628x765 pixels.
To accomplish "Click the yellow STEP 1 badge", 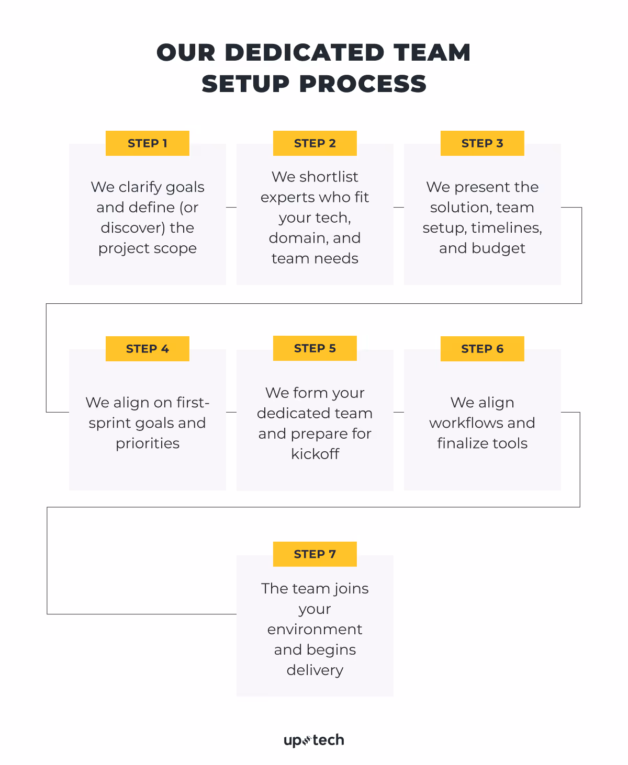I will [x=147, y=143].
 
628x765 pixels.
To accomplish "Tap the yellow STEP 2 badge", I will [x=315, y=143].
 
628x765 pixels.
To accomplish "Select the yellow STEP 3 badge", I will [x=482, y=143].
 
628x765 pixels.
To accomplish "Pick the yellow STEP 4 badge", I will [x=147, y=349].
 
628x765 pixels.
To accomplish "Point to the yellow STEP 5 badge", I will [x=315, y=348].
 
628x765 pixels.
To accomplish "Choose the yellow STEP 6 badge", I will [x=482, y=349].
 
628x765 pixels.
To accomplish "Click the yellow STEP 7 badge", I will [x=315, y=554].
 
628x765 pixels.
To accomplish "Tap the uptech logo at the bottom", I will [x=314, y=740].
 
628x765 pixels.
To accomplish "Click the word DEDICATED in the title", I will [x=305, y=53].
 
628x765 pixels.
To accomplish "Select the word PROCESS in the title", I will [x=363, y=84].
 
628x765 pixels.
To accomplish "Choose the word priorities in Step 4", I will [x=148, y=443].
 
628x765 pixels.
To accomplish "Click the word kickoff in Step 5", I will [x=315, y=454].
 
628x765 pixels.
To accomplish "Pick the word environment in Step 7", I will [x=315, y=630].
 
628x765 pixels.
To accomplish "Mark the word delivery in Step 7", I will [x=315, y=670].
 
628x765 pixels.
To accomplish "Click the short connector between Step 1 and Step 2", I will [x=231, y=208].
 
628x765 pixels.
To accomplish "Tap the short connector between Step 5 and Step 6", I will [x=399, y=413].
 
